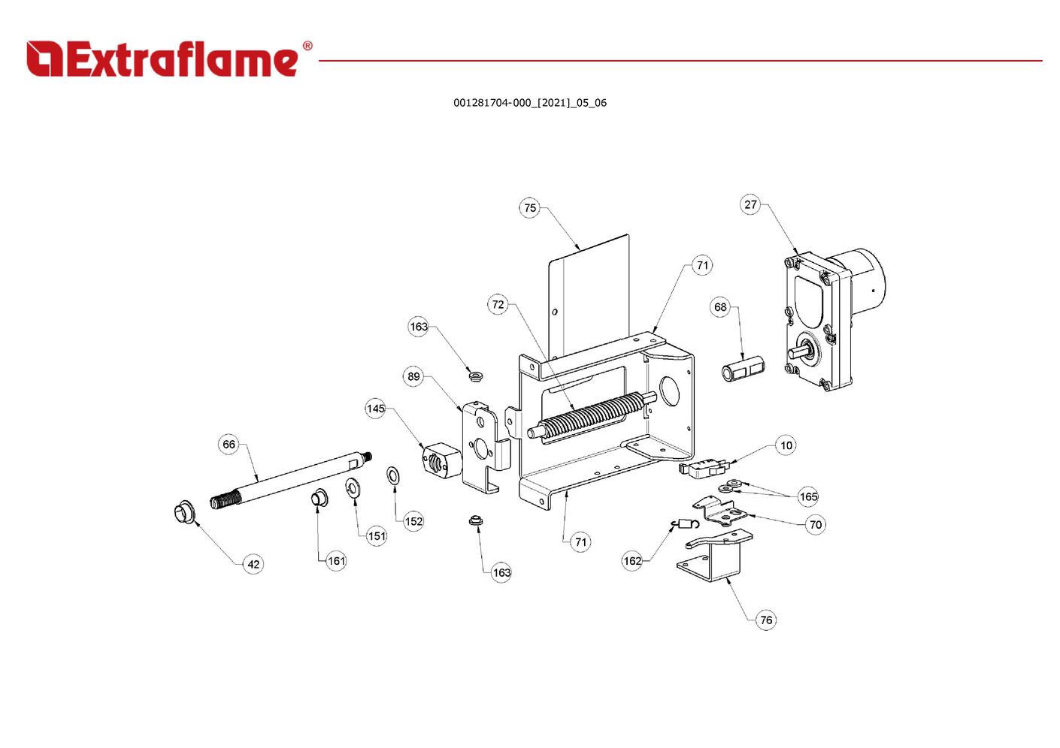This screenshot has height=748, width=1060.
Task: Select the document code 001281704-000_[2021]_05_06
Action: click(529, 103)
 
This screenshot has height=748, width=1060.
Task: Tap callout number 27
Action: click(750, 204)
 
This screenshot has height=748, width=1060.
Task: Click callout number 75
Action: click(530, 208)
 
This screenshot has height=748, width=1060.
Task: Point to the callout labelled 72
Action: click(498, 304)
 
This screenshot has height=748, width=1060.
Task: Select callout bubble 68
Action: click(720, 306)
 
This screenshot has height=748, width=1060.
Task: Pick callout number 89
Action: click(413, 376)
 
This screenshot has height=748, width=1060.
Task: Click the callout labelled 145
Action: click(375, 409)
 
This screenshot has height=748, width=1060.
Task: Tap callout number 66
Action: click(229, 444)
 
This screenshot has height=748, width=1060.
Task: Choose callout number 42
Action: click(253, 564)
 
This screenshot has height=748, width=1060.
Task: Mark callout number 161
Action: click(336, 560)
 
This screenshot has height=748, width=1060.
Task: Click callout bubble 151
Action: click(377, 535)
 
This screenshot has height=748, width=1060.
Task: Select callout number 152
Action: click(413, 521)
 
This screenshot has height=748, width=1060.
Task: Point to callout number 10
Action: click(786, 445)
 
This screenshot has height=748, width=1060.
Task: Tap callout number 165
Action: click(808, 496)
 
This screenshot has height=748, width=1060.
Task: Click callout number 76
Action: click(765, 620)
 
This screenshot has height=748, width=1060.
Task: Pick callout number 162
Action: click(632, 560)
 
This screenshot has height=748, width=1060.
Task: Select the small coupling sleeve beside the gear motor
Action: click(743, 370)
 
